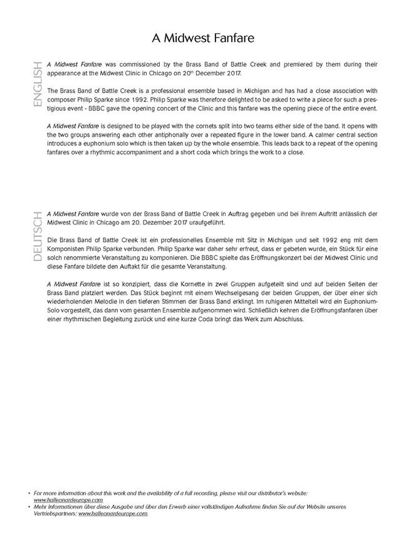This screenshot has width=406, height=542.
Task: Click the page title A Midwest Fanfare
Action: [x=202, y=38]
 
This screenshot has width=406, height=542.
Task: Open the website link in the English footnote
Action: [x=68, y=500]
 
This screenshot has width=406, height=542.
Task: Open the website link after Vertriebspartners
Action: [x=113, y=513]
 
